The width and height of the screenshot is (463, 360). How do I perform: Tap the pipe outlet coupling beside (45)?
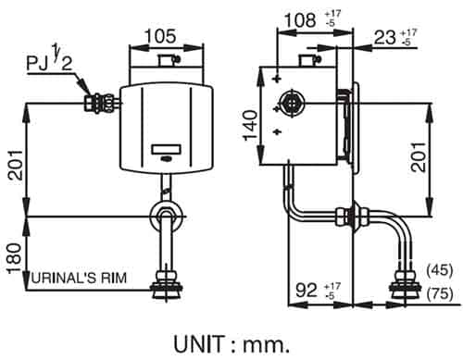coord(405,278)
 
